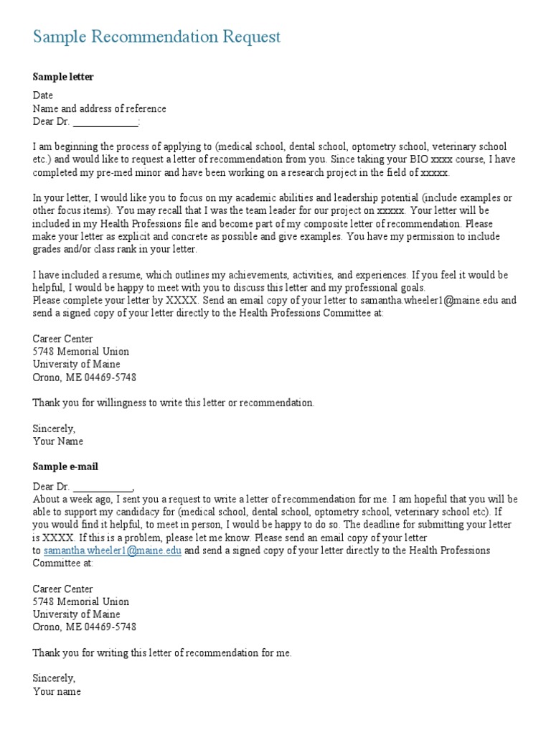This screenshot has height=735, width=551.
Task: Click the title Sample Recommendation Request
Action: tap(156, 37)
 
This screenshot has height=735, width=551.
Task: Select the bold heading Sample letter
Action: tap(63, 77)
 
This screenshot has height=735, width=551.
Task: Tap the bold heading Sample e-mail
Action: tap(65, 467)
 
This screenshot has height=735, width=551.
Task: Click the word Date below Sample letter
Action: tap(43, 95)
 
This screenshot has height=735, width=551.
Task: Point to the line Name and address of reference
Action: tap(99, 109)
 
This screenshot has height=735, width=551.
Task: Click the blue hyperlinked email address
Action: tap(112, 551)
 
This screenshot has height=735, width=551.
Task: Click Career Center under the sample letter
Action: tap(63, 339)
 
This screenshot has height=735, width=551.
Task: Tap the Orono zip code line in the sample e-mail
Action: tap(85, 627)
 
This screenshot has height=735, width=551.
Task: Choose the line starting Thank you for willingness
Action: tap(174, 403)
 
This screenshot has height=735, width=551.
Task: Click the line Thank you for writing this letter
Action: tap(162, 653)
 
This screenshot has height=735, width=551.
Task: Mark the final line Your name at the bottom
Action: tap(57, 692)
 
